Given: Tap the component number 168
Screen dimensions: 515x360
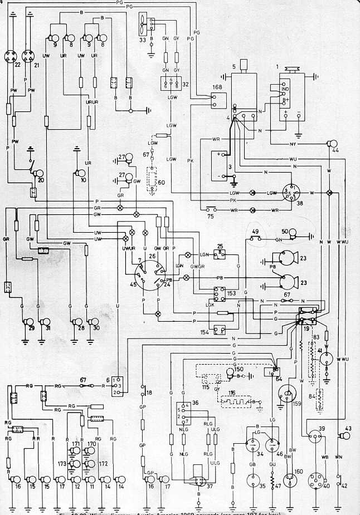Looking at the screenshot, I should click(x=217, y=87).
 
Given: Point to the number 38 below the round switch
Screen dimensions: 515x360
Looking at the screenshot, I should click(x=300, y=205).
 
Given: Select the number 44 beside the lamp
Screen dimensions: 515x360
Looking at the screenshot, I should click(x=335, y=151).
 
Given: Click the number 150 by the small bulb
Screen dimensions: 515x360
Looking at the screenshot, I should click(x=239, y=369).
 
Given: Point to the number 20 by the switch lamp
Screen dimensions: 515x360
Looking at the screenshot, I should click(x=40, y=181).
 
